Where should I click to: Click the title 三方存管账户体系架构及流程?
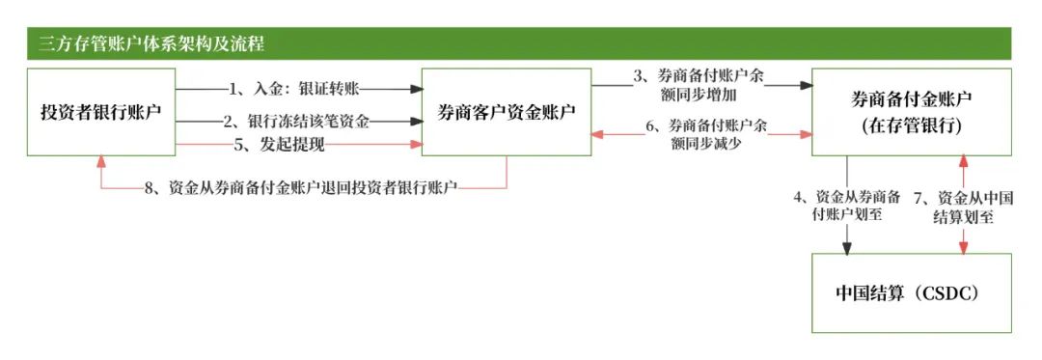[151, 44]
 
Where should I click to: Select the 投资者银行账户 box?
[100, 112]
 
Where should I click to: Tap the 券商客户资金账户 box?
[507, 112]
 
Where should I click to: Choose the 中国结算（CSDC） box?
[911, 292]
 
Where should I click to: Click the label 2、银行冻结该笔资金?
[295, 122]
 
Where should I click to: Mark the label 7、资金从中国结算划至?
[962, 206]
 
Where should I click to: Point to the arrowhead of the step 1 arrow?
[418, 89]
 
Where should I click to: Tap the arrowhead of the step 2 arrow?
[418, 122]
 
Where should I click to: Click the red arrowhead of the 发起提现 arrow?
[418, 145]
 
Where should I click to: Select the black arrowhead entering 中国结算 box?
[846, 248]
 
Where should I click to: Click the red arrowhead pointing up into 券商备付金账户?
[962, 161]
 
